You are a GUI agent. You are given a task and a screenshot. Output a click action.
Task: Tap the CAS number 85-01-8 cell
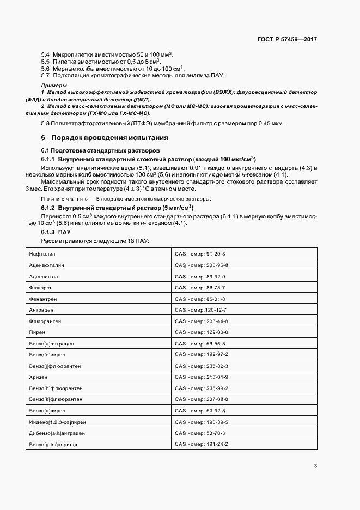200,299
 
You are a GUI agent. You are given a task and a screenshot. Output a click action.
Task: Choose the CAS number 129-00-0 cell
201,332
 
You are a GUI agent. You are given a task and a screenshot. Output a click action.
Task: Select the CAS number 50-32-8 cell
200,410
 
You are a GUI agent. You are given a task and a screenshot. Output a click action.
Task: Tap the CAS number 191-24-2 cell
201,444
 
